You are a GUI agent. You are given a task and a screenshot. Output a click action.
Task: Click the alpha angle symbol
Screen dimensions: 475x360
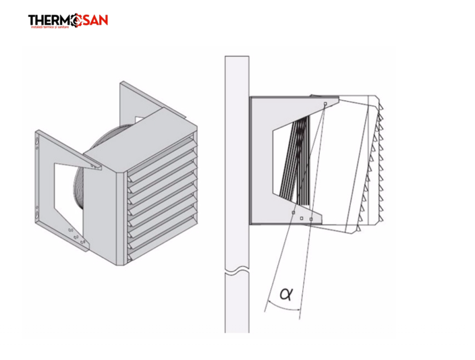tap(286, 293)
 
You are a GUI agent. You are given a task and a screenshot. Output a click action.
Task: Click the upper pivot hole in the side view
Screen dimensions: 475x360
tap(325, 104)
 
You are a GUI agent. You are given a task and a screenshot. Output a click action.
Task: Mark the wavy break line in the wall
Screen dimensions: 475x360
tap(237, 272)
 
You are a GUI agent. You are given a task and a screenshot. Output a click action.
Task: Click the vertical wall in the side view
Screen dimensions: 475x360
tap(237, 169)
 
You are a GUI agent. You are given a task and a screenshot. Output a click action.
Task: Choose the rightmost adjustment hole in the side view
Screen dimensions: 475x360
tap(310, 219)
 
